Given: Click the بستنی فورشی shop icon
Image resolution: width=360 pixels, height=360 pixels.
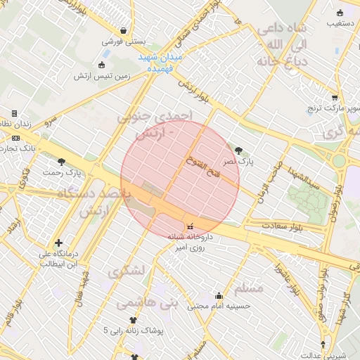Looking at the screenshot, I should [124, 31].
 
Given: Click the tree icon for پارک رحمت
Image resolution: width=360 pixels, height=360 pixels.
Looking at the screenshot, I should [62, 162].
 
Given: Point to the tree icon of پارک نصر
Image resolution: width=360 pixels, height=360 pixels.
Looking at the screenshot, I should [239, 150].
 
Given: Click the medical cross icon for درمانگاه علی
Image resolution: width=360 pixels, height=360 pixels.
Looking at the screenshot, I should [58, 243].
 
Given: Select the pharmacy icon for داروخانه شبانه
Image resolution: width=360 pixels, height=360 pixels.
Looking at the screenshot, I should [189, 226].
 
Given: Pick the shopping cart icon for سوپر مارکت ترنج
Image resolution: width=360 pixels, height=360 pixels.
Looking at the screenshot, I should [335, 98].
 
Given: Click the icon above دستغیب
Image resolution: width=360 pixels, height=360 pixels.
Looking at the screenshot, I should [340, 13].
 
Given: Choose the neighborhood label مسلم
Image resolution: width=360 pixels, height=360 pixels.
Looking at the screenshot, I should [248, 288].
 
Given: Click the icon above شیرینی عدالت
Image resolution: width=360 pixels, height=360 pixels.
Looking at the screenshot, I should [323, 344].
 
